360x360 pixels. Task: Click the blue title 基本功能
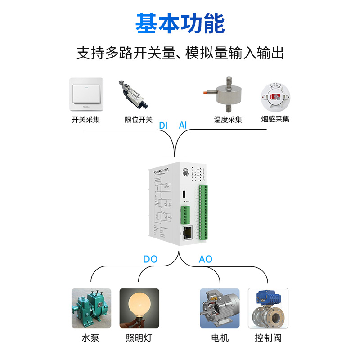(x=180, y=23)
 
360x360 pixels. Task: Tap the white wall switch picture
(x=87, y=95)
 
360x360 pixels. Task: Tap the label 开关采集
(x=85, y=120)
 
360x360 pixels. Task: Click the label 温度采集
(x=228, y=120)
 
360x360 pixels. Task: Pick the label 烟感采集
(x=275, y=119)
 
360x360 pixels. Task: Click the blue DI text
(x=163, y=126)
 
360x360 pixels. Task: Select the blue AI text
(x=183, y=126)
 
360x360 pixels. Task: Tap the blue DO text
(x=150, y=259)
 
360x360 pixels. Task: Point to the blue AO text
(x=205, y=259)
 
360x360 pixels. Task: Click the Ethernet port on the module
(x=187, y=232)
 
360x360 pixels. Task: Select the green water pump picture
(x=91, y=308)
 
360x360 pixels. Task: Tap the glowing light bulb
(x=139, y=308)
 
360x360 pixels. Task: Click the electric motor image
(x=220, y=308)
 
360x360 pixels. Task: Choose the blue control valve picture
(x=268, y=308)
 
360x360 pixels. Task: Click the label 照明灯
(x=139, y=338)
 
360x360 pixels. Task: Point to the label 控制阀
(x=268, y=338)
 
